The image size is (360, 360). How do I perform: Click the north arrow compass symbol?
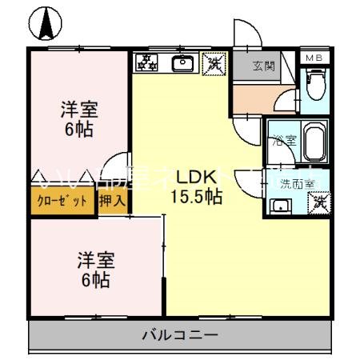pyautogui.click(x=44, y=23)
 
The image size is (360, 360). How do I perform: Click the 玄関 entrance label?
pyautogui.click(x=263, y=66)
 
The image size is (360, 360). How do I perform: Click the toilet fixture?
pyautogui.click(x=315, y=82)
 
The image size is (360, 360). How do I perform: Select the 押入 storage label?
pyautogui.click(x=113, y=202)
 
